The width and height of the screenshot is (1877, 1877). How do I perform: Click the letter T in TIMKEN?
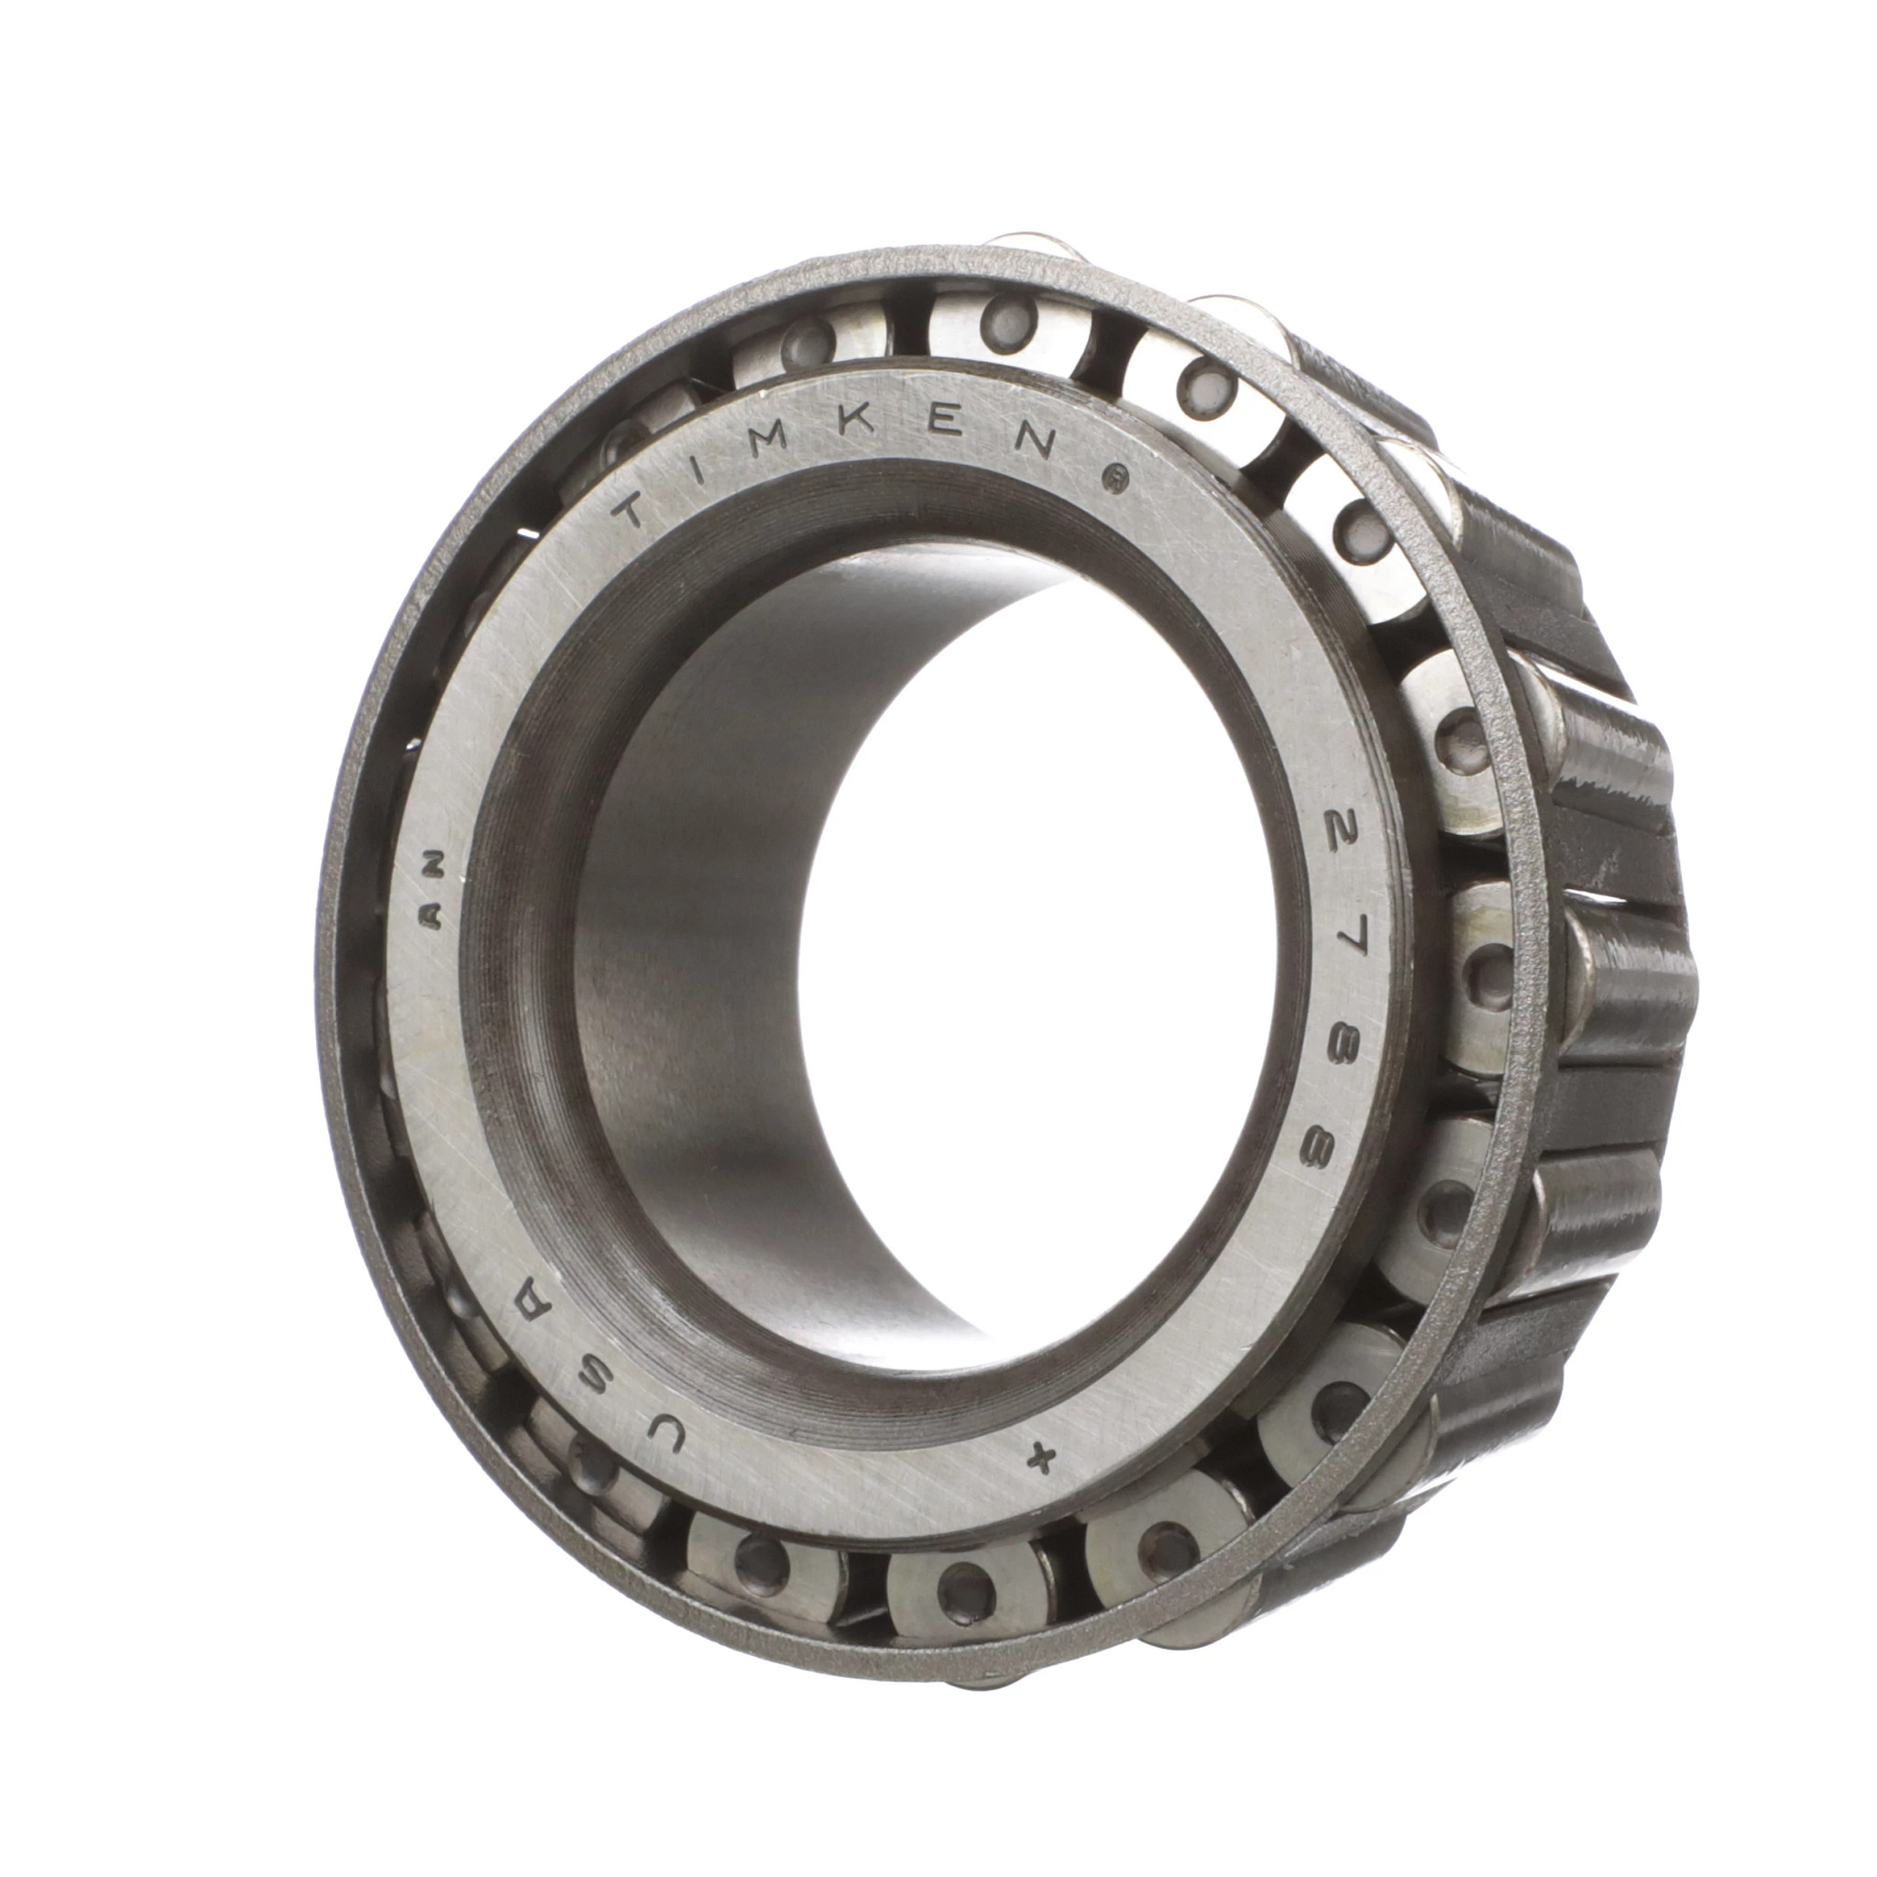click(x=637, y=512)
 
